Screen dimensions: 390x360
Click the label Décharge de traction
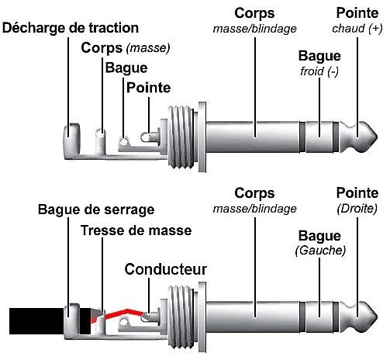71,28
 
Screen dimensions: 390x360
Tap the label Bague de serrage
96,209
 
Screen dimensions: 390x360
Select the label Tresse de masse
136,230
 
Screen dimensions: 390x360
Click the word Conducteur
166,269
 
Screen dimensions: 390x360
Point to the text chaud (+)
357,29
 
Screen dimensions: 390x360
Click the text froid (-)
319,71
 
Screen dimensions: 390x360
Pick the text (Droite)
357,209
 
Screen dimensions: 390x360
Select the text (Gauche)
320,250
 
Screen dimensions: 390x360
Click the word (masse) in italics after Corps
148,48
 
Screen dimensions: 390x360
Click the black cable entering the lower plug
36,321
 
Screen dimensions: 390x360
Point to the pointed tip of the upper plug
378,137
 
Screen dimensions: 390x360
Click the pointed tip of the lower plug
378,317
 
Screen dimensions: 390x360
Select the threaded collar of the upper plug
181,137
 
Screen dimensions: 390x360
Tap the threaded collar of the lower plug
181,317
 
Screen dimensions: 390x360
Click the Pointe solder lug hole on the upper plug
146,137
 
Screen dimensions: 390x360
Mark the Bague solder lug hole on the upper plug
124,141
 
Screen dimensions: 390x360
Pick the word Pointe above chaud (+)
357,13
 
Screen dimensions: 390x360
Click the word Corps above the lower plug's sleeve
254,193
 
